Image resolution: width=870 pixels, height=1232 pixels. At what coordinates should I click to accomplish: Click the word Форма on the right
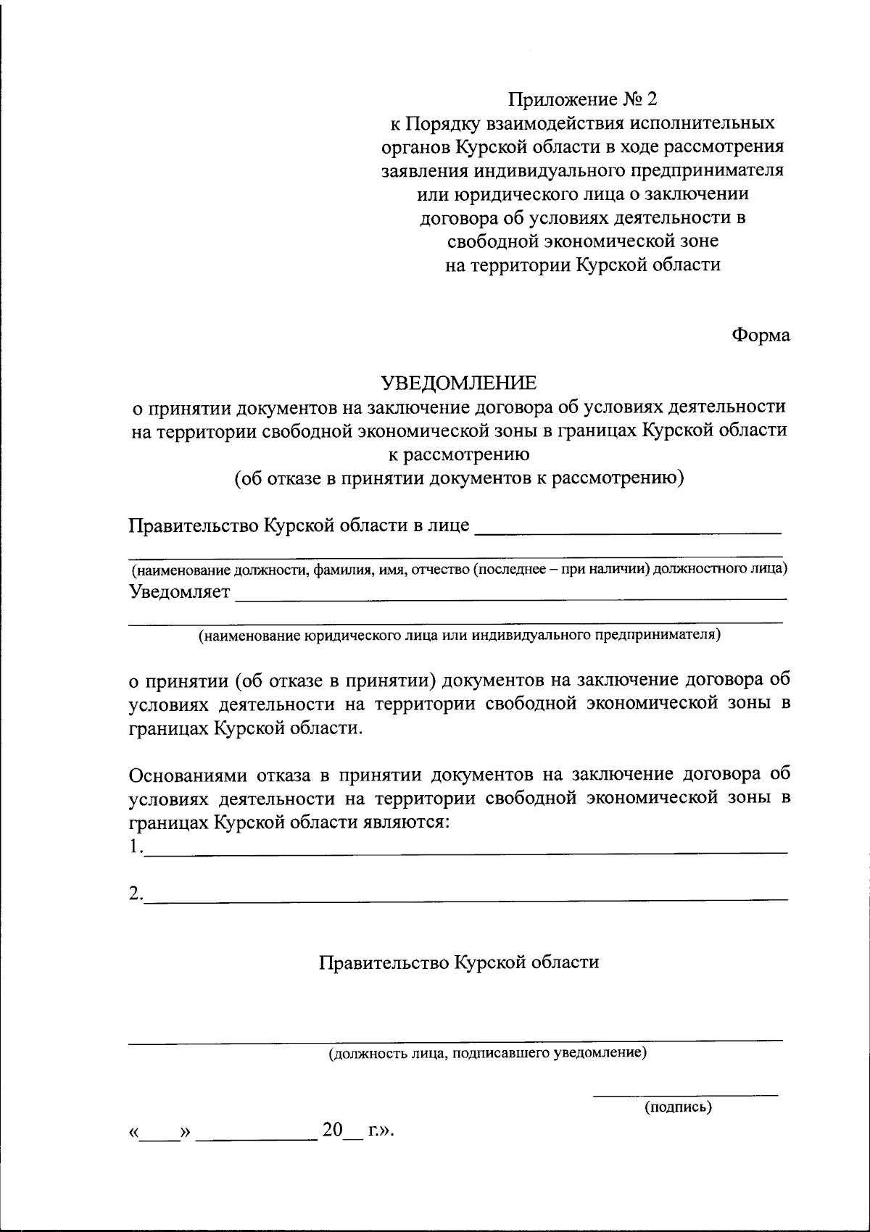761,336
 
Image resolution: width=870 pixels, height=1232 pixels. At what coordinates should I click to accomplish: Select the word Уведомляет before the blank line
180,592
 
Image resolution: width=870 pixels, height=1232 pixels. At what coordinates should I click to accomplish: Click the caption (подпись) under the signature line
678,1107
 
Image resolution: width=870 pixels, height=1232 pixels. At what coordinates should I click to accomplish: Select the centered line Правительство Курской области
459,962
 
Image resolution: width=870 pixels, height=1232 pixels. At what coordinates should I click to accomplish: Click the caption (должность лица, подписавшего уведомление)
487,1052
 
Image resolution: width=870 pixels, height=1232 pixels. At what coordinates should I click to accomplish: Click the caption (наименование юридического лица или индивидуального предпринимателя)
460,636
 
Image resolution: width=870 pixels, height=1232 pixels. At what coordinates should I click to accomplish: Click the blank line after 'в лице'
627,531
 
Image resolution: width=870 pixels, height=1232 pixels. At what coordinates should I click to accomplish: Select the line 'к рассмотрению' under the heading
459,454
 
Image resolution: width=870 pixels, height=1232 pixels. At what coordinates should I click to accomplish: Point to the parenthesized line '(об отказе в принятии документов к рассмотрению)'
459,478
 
